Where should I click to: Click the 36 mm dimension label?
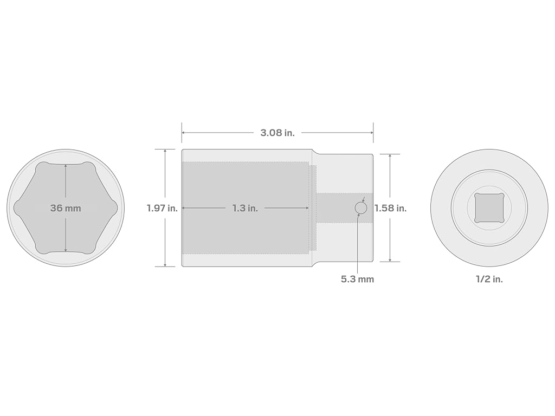pos(66,208)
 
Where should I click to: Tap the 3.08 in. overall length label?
pos(277,133)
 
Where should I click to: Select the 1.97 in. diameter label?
pos(162,208)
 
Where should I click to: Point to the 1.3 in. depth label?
pos(245,208)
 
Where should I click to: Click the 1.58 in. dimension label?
pos(390,208)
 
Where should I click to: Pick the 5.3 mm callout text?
pos(357,279)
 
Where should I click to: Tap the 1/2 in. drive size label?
pos(489,279)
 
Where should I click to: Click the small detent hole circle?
pos(360,208)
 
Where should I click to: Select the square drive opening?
pos(489,208)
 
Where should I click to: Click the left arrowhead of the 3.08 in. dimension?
pos(184,133)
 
